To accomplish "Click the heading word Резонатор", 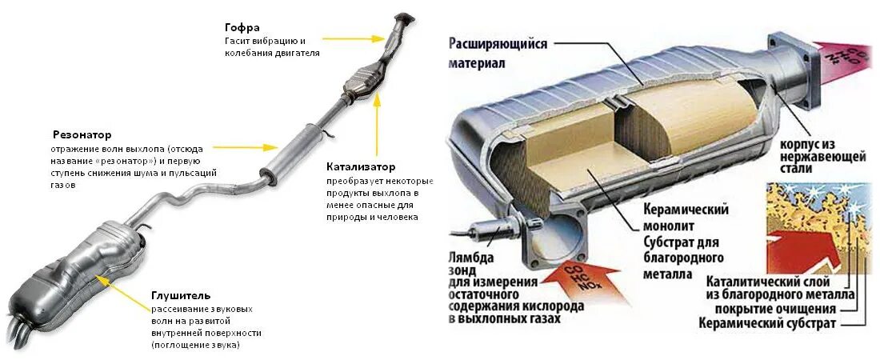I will coord(82,134).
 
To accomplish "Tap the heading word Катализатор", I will coord(361,167).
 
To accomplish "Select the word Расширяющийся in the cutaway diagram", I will coord(498,44).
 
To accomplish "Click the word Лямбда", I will coord(472,258).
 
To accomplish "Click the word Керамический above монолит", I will coord(686,210).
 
